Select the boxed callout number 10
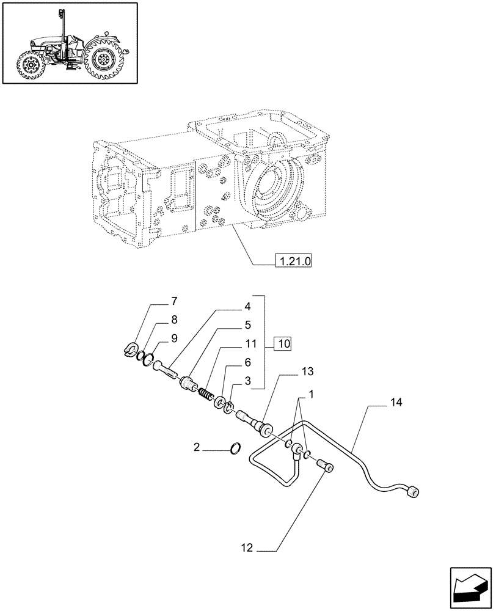(x=283, y=343)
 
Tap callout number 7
(x=174, y=301)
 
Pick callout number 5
(x=247, y=324)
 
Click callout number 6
(x=247, y=362)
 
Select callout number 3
(x=247, y=381)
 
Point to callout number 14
(x=396, y=402)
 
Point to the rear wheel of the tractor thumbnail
(x=101, y=59)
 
